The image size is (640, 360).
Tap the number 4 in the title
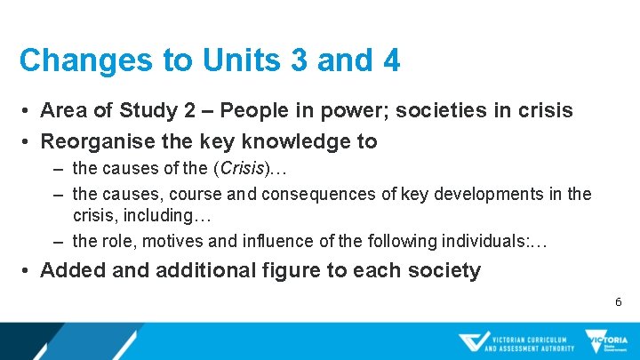point(390,60)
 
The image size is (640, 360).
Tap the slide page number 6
point(619,303)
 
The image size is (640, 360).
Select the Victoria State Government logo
point(606,342)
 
